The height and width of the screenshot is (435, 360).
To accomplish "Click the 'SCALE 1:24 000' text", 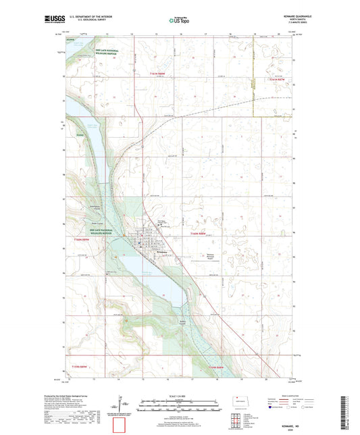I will (180, 395).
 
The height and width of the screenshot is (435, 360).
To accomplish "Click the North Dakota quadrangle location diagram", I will (244, 403).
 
